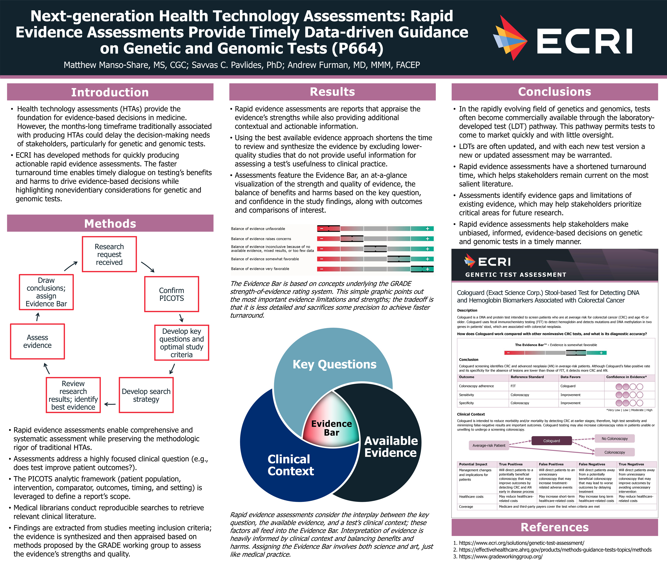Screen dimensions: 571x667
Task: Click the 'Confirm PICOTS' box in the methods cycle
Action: [x=172, y=294]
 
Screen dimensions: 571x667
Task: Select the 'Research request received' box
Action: [x=109, y=254]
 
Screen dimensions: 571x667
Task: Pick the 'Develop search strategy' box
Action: [x=146, y=395]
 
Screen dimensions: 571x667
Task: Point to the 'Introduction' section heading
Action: [x=110, y=92]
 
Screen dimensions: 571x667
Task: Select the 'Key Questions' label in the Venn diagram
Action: [x=334, y=364]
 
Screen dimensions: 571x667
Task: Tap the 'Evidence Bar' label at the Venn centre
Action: [x=332, y=428]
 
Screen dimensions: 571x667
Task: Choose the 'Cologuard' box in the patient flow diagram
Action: [x=551, y=441]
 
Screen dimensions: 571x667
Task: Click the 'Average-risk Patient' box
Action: [x=489, y=445]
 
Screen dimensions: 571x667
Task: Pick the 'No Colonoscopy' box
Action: [x=615, y=438]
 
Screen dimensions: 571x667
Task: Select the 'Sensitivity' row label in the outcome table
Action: [x=467, y=395]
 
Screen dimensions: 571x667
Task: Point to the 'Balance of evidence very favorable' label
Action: [x=260, y=269]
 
